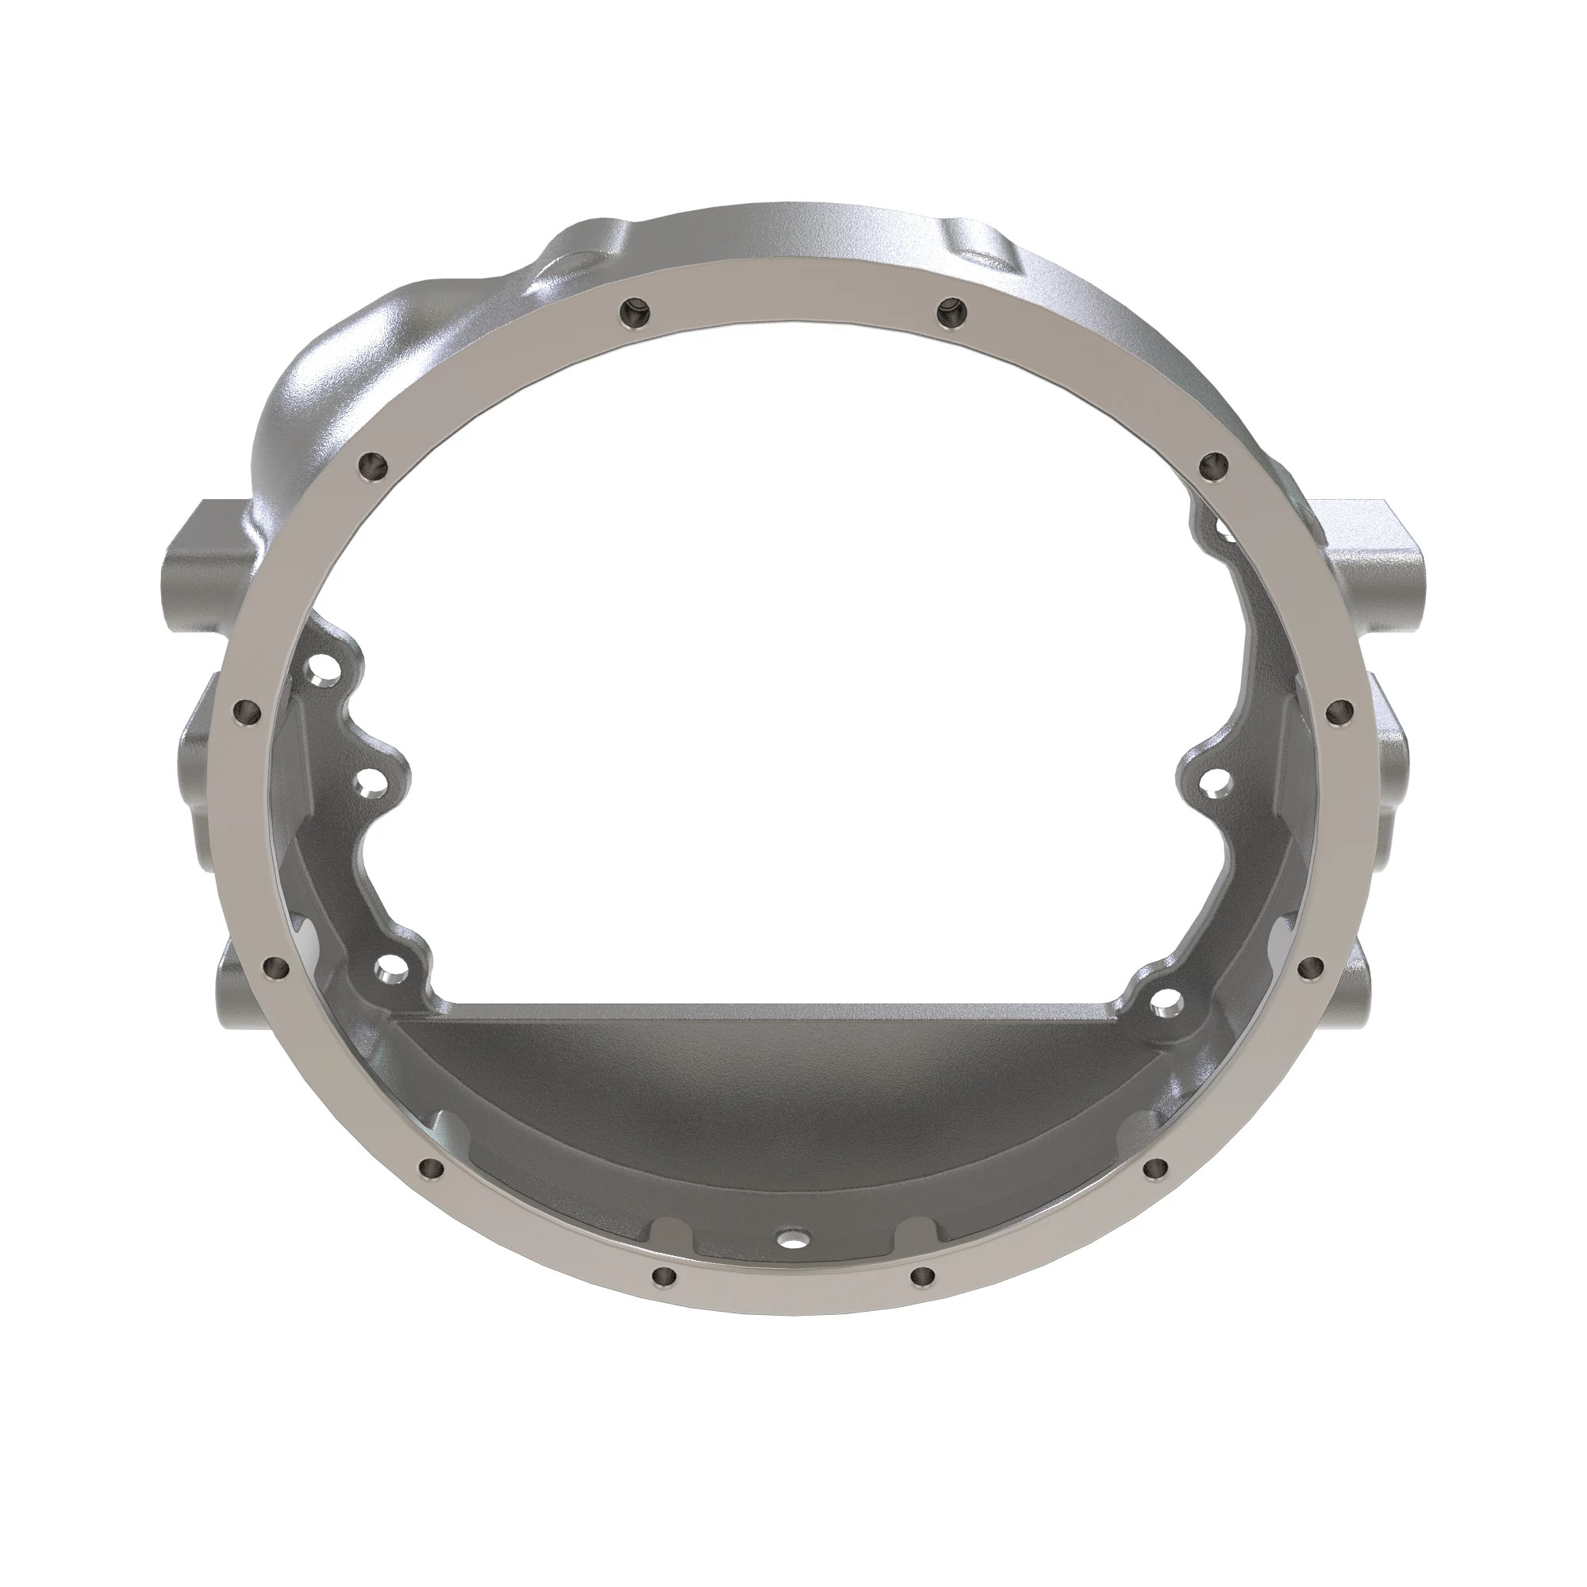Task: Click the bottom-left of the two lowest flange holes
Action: pyautogui.click(x=663, y=1298)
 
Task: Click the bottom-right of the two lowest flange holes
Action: pyautogui.click(x=924, y=1298)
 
